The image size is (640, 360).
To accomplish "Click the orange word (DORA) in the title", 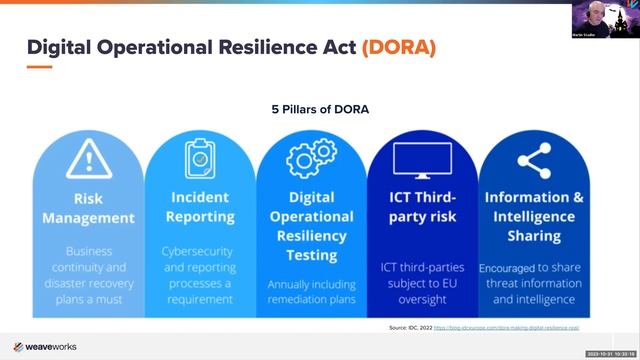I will tap(398, 47).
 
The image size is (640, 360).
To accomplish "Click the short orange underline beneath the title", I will tap(38, 67).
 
